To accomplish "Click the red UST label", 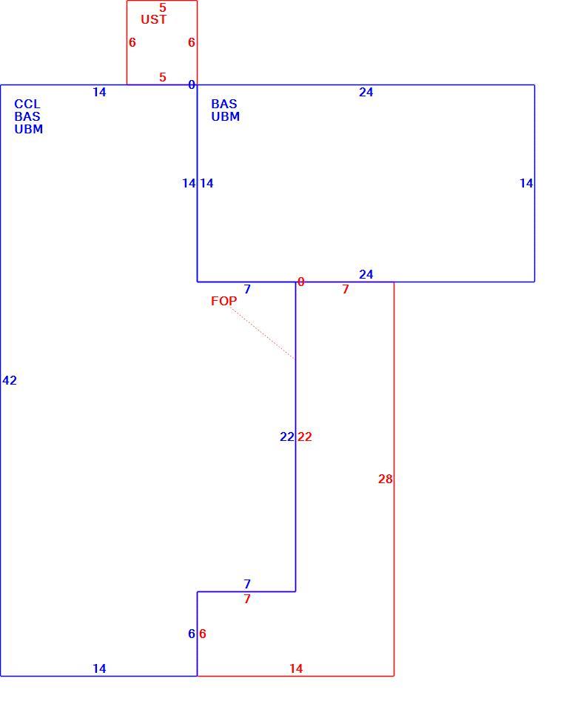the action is coord(154,19).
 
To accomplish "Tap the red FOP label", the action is coord(223,301).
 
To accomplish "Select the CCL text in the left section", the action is coord(27,104).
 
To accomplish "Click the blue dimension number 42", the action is coord(10,380).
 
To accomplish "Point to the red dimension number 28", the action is coord(386,479).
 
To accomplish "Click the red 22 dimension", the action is coord(305,436).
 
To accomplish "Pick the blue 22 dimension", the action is coord(287,436).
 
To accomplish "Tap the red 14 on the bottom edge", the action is coord(296,668).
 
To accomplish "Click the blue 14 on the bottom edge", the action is coord(99,668).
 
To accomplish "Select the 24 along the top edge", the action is coord(366,92).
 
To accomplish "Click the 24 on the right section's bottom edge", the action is coord(366,274).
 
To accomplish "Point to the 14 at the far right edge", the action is coord(526,183).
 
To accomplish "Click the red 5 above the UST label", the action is coord(163,7).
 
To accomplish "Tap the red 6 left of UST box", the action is coord(132,42).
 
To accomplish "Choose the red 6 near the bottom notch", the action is coord(203,634).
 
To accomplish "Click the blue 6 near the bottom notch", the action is coord(192,634).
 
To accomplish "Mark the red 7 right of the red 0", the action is coord(346,289).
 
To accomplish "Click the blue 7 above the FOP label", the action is coord(247,289).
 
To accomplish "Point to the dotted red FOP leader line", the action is coord(263,333).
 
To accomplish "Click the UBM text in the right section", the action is coord(226,116).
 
